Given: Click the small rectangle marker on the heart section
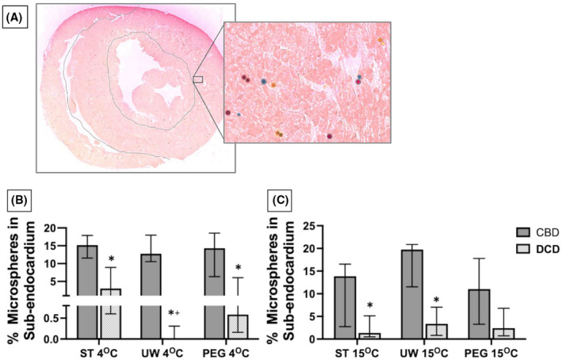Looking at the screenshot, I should point(198,79).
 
